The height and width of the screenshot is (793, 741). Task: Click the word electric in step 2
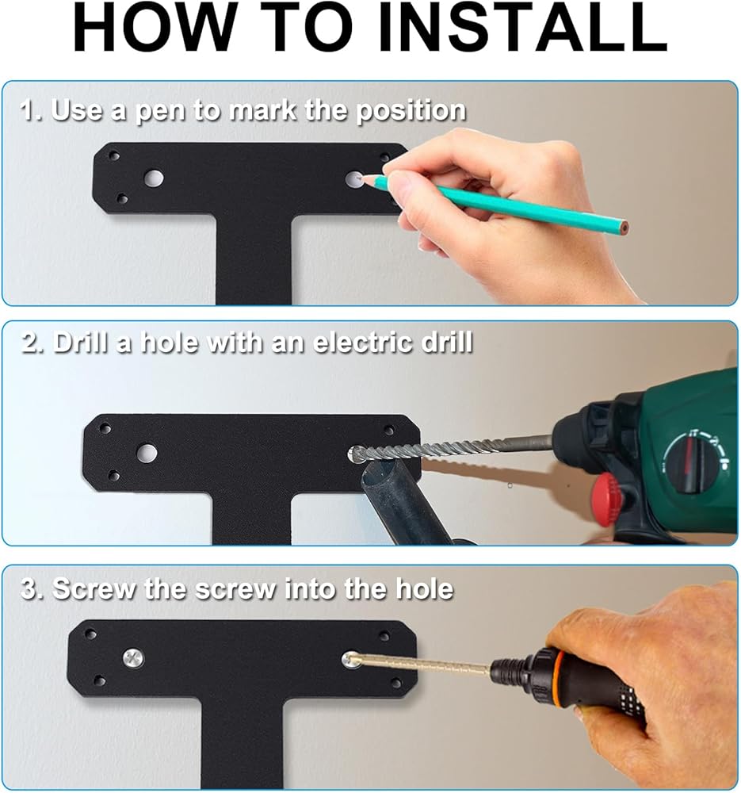tap(362, 343)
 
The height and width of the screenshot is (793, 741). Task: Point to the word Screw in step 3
tap(94, 588)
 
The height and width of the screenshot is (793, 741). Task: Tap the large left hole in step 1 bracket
tap(154, 178)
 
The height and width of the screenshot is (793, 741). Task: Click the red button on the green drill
tap(606, 491)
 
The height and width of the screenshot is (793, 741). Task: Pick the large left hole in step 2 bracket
tap(147, 453)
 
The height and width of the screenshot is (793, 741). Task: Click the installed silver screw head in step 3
tap(133, 658)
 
